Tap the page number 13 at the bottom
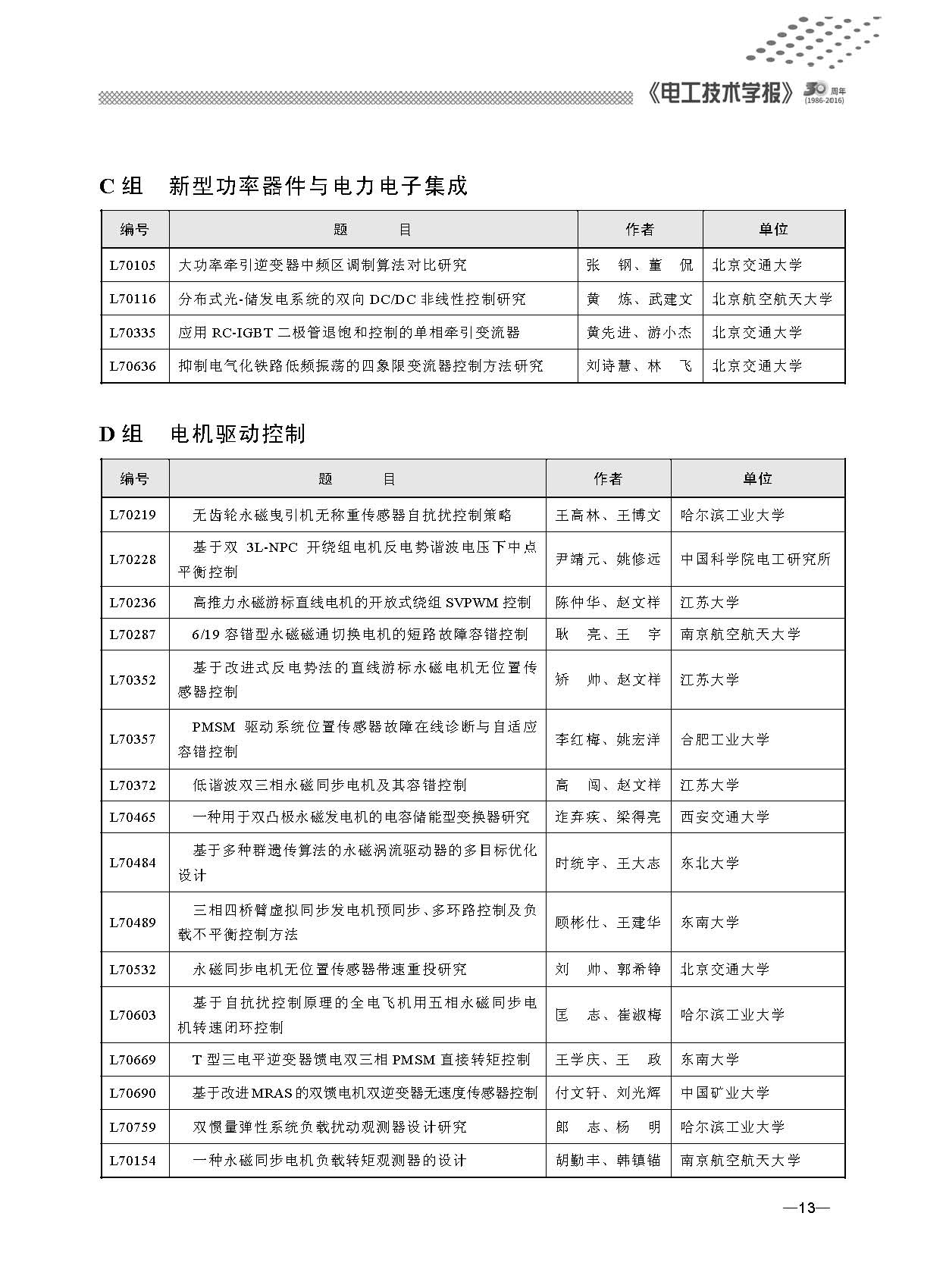click(807, 1207)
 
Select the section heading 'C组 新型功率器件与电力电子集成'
click(283, 186)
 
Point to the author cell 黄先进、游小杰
click(639, 332)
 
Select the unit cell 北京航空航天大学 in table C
click(772, 299)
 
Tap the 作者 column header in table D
click(608, 478)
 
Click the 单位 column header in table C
click(773, 229)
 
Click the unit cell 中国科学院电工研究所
click(756, 559)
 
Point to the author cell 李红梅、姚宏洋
click(608, 739)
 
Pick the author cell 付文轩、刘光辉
click(608, 1092)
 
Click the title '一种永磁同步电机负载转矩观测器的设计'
click(329, 1160)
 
